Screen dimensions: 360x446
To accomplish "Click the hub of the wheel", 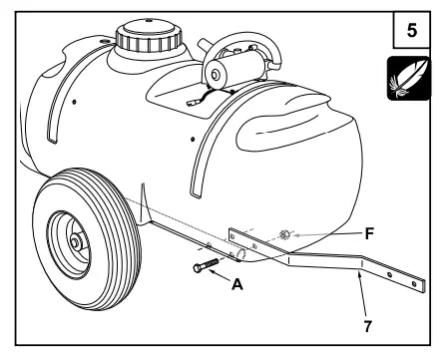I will tap(76, 243).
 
